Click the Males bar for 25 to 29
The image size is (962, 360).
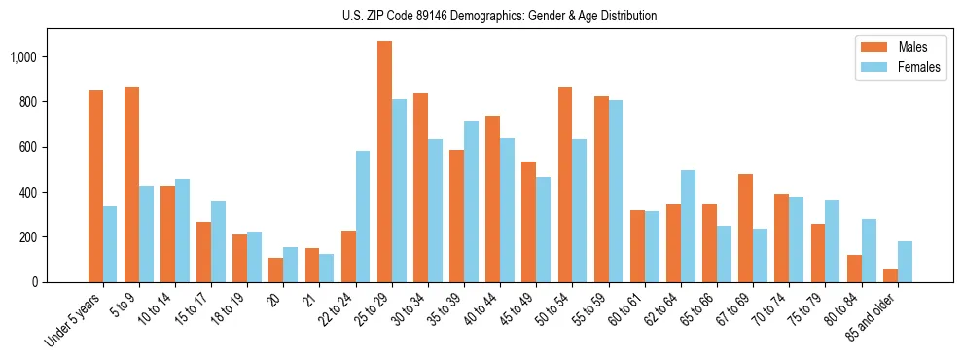pyautogui.click(x=384, y=162)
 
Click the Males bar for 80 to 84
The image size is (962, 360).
pyautogui.click(x=854, y=269)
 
